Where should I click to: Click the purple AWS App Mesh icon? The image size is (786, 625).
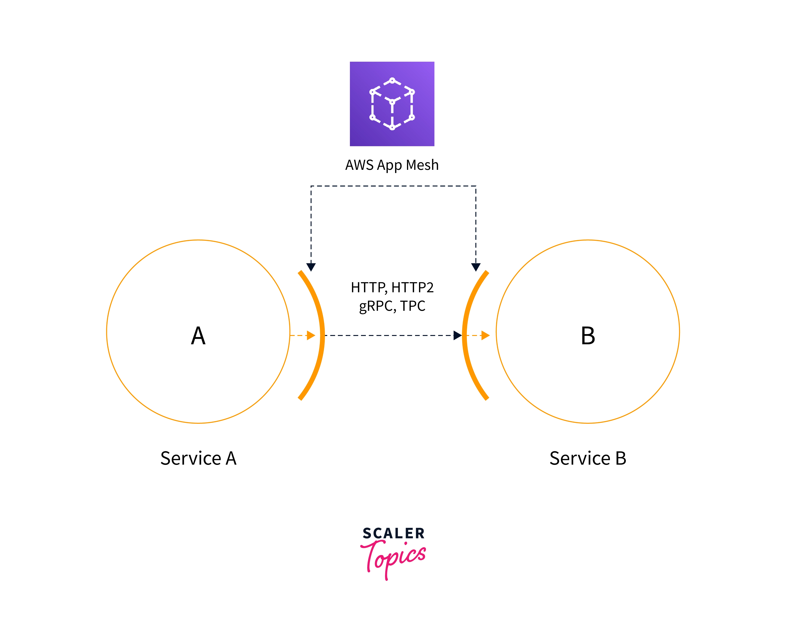(392, 104)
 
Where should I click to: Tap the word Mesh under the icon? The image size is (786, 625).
(422, 165)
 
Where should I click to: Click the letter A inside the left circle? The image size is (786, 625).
(198, 336)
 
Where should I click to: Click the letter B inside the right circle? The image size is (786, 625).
(588, 336)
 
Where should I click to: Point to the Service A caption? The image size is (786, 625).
(199, 458)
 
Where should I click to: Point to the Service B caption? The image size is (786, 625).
(588, 458)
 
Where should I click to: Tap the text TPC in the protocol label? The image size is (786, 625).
(413, 306)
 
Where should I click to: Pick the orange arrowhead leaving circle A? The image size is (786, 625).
(311, 335)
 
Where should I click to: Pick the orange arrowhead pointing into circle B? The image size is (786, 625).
(486, 335)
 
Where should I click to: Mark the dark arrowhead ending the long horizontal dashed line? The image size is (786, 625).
(458, 335)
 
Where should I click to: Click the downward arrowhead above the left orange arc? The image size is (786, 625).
(311, 267)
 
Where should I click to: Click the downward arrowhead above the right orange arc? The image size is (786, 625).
(476, 267)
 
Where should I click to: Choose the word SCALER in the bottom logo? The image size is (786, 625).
(394, 534)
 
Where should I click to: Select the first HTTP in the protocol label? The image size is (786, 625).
(367, 287)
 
